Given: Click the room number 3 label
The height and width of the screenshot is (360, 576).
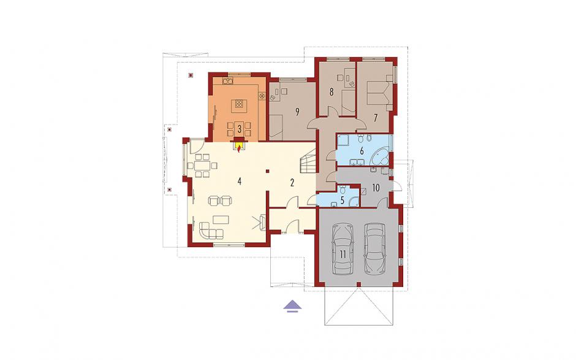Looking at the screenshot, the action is (239, 129).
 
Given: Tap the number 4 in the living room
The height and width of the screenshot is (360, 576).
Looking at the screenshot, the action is (239, 182).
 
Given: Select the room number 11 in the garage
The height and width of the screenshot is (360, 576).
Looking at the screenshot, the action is (343, 254).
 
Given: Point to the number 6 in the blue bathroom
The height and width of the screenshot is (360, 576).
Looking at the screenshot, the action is (362, 150).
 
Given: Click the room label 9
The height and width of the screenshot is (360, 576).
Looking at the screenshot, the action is (297, 112).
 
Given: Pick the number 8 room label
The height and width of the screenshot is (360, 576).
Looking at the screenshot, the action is (332, 92).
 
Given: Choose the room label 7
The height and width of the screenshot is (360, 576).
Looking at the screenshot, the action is (376, 118).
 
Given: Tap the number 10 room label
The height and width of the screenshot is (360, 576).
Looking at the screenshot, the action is (376, 188).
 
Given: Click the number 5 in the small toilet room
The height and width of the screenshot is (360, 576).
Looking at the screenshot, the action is (343, 201).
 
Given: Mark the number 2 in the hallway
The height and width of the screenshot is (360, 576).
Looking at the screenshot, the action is (292, 183).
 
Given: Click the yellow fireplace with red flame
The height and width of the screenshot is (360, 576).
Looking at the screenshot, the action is (239, 145).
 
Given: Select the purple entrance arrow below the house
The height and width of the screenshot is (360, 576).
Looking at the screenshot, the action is (293, 306).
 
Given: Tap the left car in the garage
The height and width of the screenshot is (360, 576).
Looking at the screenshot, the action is (343, 249).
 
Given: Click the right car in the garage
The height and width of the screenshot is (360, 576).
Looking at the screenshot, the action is (374, 248).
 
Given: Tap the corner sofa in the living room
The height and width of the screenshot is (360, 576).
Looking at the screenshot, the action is (211, 230).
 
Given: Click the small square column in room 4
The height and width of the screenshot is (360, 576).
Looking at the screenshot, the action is (268, 171).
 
